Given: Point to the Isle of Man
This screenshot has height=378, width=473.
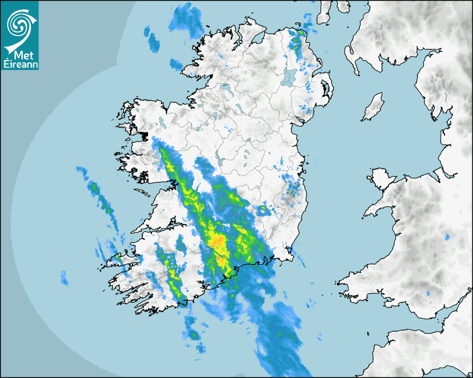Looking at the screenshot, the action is [373, 107].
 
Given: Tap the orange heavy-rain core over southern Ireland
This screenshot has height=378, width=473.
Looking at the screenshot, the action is [218, 242].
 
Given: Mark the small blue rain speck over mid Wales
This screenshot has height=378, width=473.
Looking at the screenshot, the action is [446, 237].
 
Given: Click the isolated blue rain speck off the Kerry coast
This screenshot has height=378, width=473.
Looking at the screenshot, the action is [63, 277].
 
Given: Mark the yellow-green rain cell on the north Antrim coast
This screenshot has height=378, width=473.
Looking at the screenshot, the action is [299, 34].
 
